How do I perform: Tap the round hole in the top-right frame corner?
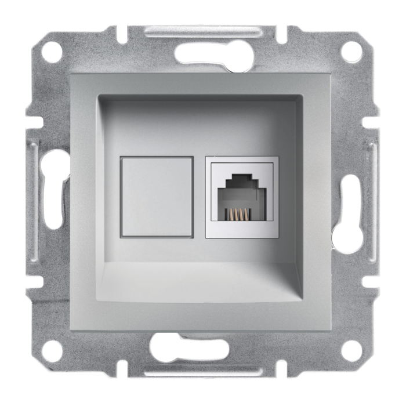pyautogui.click(x=352, y=52)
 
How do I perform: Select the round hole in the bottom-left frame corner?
pyautogui.click(x=52, y=350)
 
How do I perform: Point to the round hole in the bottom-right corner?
pyautogui.click(x=351, y=350)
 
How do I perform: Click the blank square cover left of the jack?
pyautogui.click(x=157, y=197)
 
